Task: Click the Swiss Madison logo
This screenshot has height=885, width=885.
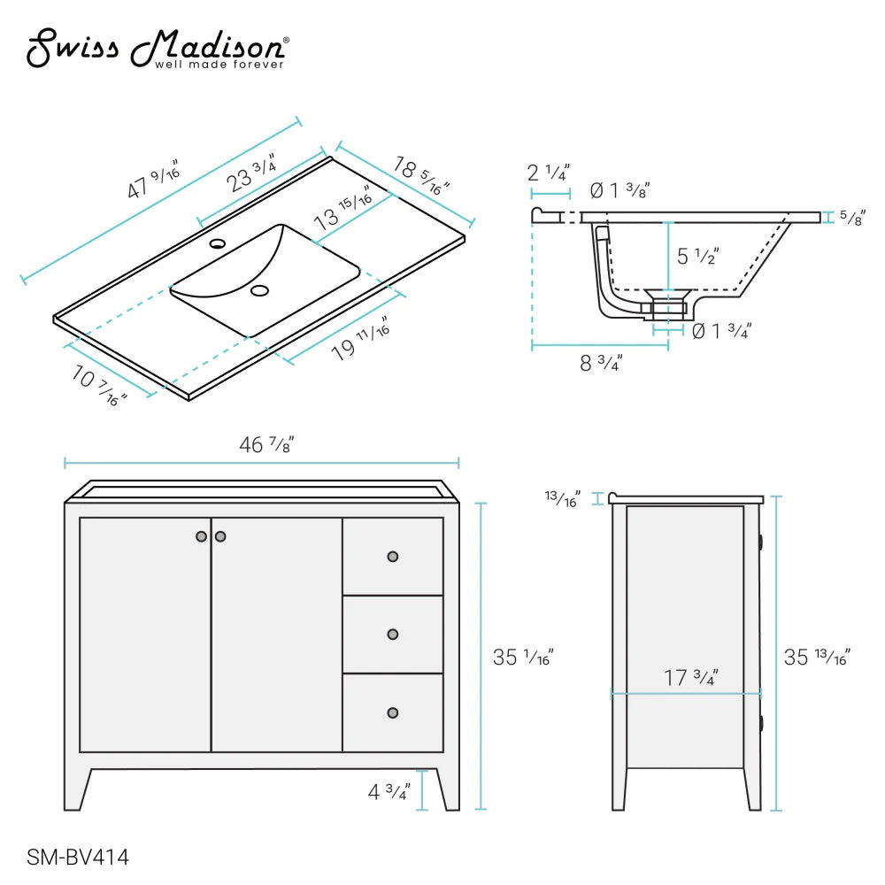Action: click(x=157, y=49)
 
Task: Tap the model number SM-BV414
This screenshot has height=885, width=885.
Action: click(x=79, y=857)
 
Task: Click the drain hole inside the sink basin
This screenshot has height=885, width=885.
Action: click(x=259, y=290)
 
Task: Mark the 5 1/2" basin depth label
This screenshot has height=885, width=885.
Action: click(x=698, y=257)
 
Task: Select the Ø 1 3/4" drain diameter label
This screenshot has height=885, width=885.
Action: click(x=720, y=332)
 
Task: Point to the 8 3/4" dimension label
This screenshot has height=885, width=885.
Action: click(x=601, y=362)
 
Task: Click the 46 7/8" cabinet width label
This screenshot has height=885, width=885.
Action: click(x=266, y=445)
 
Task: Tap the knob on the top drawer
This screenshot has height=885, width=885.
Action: click(x=393, y=557)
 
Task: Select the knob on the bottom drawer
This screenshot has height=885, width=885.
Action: click(x=393, y=713)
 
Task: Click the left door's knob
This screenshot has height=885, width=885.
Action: click(x=202, y=536)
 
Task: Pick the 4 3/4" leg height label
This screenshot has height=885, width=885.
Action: click(x=389, y=791)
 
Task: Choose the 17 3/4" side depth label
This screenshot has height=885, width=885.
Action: click(x=690, y=678)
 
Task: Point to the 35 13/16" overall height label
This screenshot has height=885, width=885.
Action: click(x=816, y=658)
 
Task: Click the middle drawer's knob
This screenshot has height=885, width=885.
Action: click(x=393, y=635)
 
